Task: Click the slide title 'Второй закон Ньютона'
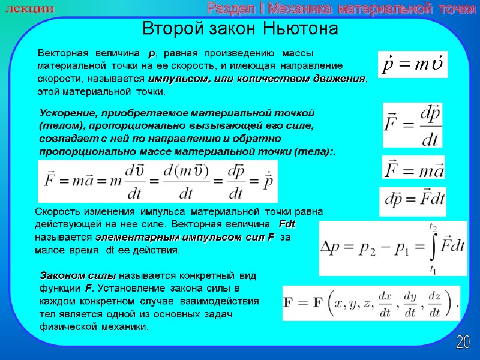click(239, 29)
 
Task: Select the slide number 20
click(463, 343)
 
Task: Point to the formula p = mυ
click(413, 64)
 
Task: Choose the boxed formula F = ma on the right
click(413, 168)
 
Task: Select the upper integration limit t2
click(432, 227)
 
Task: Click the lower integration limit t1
click(432, 268)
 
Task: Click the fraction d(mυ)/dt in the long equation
click(180, 182)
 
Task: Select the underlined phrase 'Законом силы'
click(77, 276)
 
